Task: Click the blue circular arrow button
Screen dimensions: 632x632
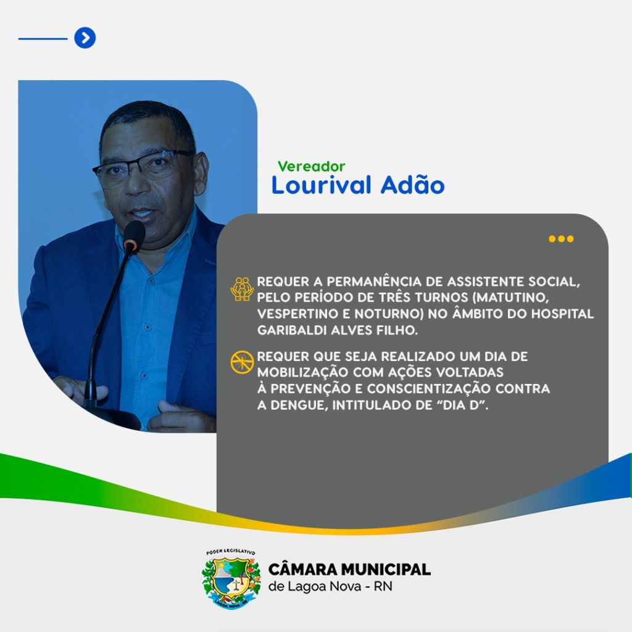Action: coord(85,38)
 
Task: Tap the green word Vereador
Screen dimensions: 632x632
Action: coord(311,166)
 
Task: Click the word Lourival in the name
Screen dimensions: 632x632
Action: coord(321,185)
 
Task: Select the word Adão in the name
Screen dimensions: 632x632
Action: coord(412,185)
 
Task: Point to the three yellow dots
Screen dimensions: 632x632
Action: coord(561,239)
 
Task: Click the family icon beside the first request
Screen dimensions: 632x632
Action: coord(242,289)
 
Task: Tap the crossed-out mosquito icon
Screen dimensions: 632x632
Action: coord(242,362)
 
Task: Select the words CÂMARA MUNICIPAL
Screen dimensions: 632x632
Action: coord(349,568)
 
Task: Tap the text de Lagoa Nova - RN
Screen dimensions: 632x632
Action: coord(330,586)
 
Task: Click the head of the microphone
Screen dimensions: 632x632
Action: coord(134,235)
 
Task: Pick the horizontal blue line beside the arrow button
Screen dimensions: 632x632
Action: coord(43,39)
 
